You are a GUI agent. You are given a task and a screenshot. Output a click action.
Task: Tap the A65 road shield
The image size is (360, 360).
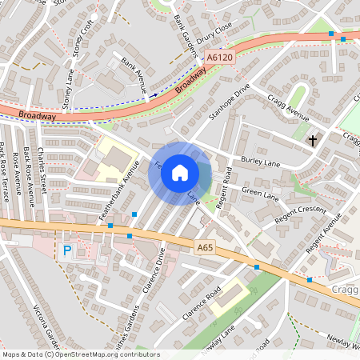205,249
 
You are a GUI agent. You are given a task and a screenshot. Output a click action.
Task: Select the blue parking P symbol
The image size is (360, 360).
67,250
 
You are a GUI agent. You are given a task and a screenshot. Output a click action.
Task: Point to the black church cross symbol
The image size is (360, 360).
313,141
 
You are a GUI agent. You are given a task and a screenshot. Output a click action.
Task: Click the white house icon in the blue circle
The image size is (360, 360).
180,173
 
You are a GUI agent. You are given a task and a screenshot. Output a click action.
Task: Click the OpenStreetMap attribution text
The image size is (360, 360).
81,354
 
